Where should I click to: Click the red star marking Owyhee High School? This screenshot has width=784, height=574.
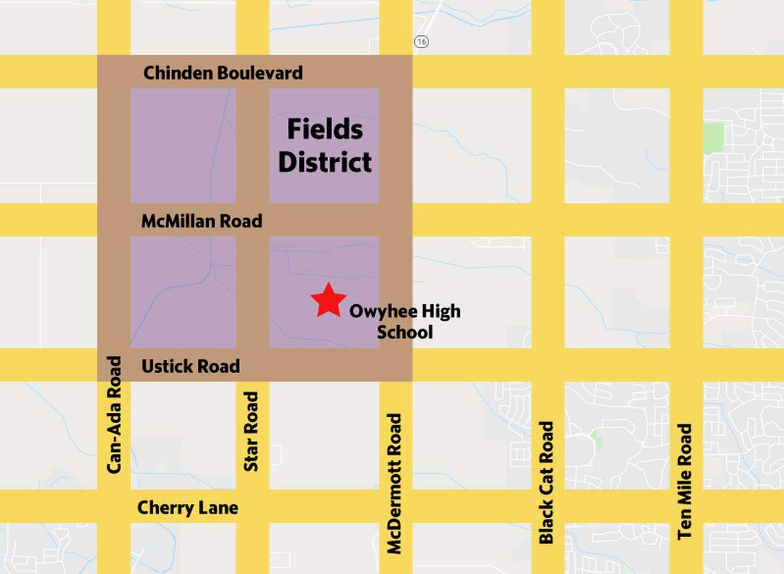tap(328, 301)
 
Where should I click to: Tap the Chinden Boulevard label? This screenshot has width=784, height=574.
tap(223, 73)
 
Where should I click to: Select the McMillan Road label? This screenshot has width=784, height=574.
tap(202, 221)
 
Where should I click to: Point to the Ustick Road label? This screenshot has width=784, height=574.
tap(190, 366)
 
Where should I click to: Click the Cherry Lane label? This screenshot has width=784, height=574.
tap(188, 508)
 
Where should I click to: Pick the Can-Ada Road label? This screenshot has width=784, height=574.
tap(114, 414)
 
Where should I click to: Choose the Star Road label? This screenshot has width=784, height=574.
tap(252, 432)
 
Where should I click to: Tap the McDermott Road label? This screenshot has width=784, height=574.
tap(395, 483)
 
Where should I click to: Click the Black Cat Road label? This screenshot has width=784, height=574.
tap(547, 482)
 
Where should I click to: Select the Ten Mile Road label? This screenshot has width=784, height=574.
tap(685, 481)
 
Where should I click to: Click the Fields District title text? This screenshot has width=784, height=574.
tap(325, 145)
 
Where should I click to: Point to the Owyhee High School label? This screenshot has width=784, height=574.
tap(404, 321)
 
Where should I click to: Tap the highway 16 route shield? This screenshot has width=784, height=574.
tap(422, 42)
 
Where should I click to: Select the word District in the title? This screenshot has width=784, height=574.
tap(325, 162)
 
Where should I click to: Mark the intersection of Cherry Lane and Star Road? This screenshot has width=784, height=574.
tap(252, 507)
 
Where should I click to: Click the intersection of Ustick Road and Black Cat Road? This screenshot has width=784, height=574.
tap(547, 365)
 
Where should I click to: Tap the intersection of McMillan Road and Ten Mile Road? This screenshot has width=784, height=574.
tap(686, 220)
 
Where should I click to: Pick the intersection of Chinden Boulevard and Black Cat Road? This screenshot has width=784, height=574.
tap(547, 72)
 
